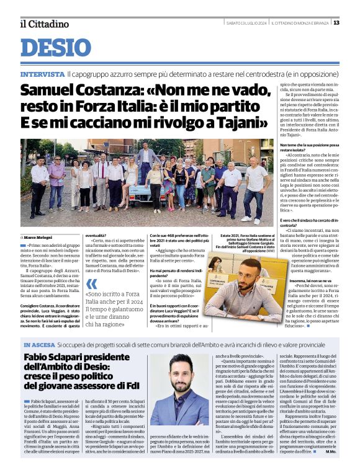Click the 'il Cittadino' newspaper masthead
click(44, 24)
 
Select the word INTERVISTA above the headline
click(42, 74)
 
